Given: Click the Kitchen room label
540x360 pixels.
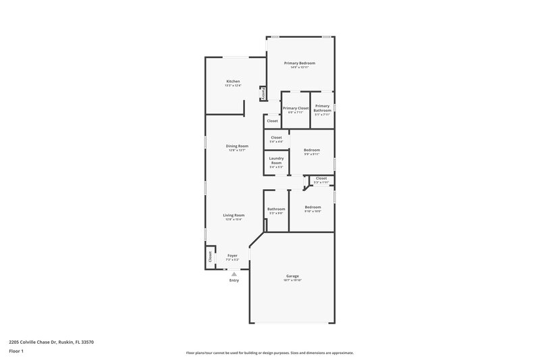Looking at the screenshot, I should coord(233,81).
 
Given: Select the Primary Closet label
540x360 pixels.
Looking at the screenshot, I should coord(296,108).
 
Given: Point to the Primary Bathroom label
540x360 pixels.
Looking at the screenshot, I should coord(322,108).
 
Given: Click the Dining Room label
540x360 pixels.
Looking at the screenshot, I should coord(237,146).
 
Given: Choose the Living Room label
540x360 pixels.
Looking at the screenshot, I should coord(234,215).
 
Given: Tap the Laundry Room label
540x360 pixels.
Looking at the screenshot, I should coord(276,161).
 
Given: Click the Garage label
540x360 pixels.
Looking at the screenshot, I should coord(292,276).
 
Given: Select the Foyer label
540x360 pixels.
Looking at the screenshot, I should coord(232,255).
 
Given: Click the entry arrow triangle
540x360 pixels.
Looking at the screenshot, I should coord(234,274).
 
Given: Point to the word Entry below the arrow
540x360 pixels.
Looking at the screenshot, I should coord(234,280).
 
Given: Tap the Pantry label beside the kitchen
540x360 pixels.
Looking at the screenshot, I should coord(263,93).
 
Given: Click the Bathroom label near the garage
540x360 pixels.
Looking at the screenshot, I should coord(276,209).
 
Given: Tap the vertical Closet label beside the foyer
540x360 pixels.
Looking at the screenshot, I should coord(210,257).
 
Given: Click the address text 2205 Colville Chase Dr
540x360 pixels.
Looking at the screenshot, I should coord(51,342).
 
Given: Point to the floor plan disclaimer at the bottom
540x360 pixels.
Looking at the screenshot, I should coord(269,353).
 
